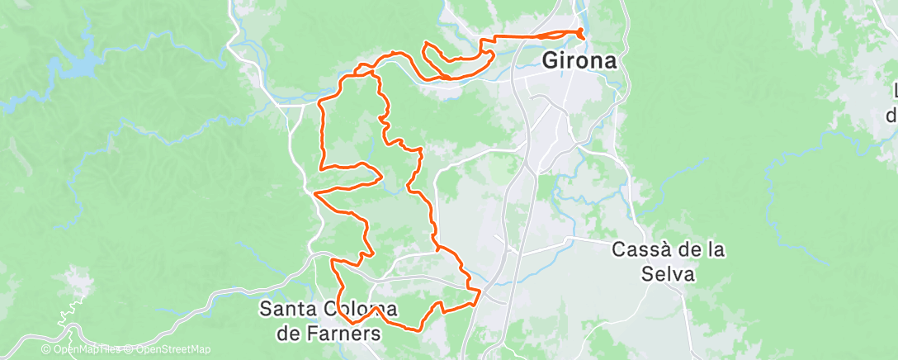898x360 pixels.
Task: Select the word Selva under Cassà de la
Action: click(668, 273)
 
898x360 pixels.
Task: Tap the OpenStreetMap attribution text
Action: click(170, 350)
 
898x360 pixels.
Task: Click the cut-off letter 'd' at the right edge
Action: click(891, 116)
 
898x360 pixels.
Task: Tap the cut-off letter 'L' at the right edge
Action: click(894, 91)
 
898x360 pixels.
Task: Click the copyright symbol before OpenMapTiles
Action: click(48, 350)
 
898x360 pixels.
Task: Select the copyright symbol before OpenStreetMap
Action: click(125, 350)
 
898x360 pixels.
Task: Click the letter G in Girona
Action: click(551, 61)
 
